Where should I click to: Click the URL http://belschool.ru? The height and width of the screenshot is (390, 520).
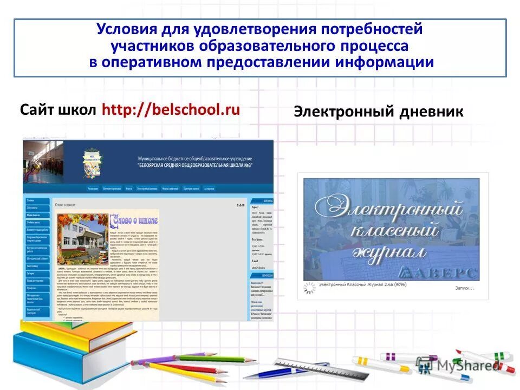[171, 110]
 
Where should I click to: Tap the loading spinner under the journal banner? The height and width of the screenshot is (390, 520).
[309, 289]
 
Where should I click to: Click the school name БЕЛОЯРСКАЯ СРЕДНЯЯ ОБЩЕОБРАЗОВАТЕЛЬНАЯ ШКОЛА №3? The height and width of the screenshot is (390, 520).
[195, 165]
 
